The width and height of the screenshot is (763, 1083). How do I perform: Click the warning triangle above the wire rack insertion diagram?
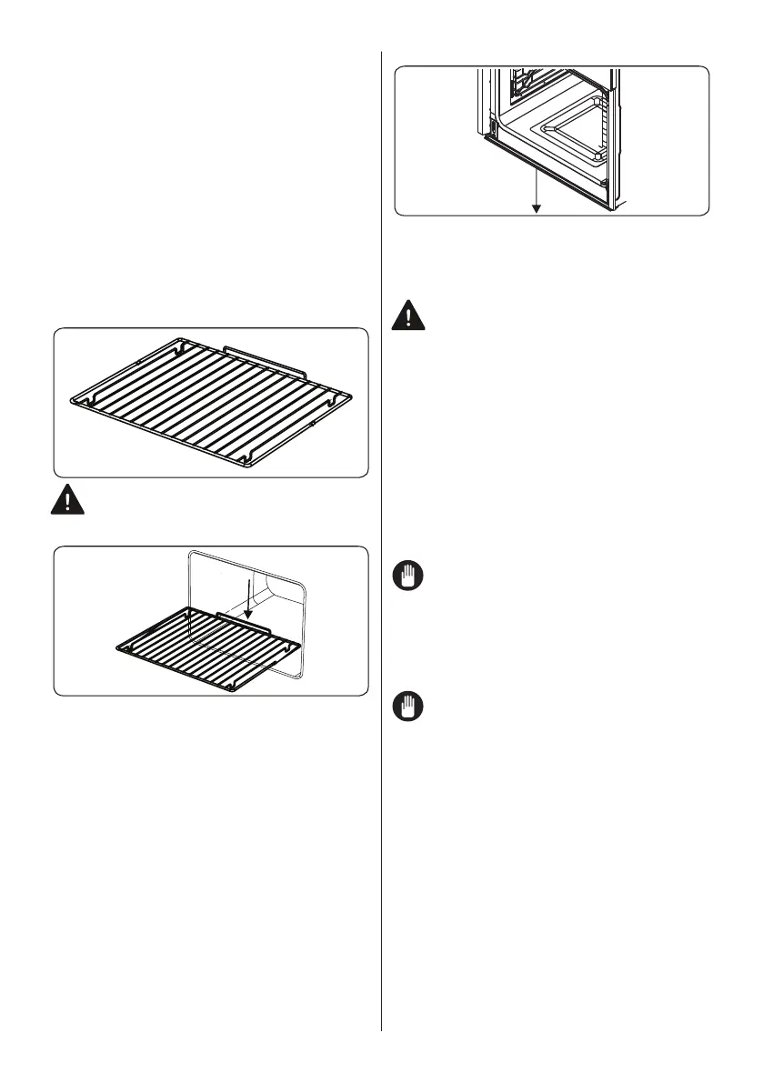[68, 500]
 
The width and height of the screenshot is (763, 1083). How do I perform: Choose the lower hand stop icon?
[410, 707]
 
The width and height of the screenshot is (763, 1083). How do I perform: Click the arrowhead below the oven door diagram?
[537, 208]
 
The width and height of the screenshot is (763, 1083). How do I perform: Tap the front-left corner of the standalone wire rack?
[76, 400]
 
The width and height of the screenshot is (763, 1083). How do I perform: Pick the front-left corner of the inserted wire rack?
[122, 647]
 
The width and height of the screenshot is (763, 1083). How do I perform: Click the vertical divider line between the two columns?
[381, 546]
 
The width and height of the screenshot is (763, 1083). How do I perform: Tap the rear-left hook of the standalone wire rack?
[178, 346]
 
